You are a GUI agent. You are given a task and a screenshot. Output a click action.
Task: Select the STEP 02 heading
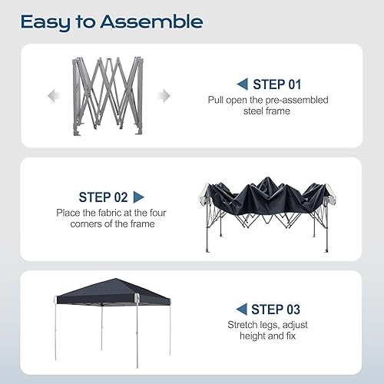coord(104,197)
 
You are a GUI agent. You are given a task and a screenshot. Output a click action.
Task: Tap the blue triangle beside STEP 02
coord(139,197)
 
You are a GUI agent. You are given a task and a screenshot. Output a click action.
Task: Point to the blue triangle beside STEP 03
coord(241,310)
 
